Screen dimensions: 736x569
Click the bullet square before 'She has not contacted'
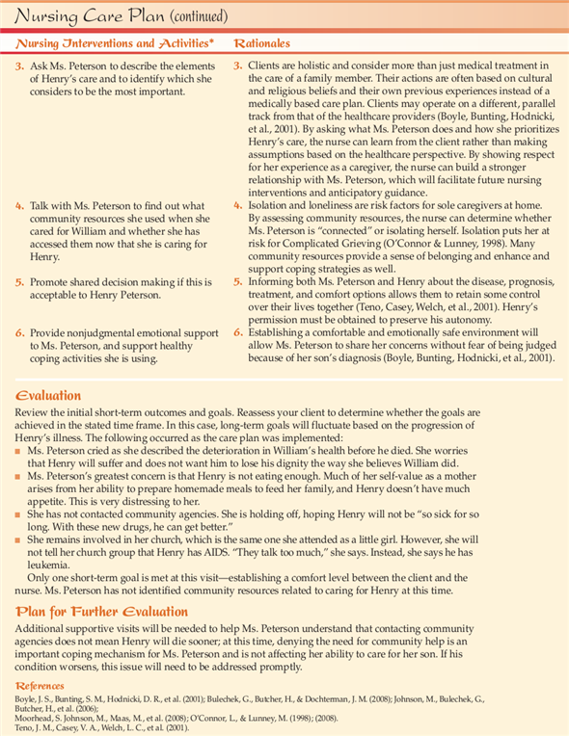(x=19, y=513)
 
